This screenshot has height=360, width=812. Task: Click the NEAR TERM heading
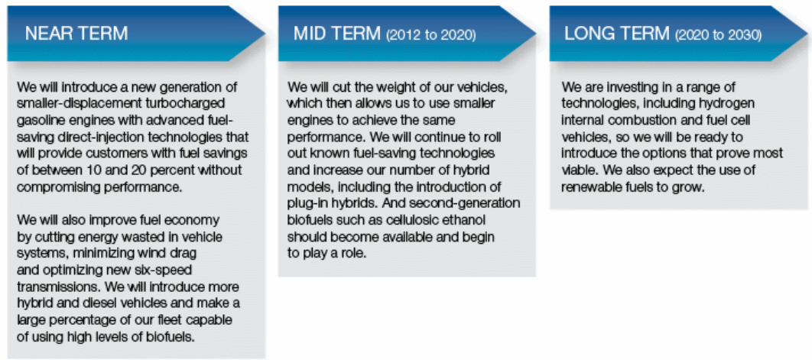(x=76, y=34)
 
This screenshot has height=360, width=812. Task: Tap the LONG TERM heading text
(x=617, y=34)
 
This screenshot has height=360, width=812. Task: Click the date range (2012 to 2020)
(x=431, y=35)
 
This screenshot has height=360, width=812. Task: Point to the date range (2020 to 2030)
(x=718, y=35)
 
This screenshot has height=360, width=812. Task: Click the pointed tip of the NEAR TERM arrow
(x=265, y=34)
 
